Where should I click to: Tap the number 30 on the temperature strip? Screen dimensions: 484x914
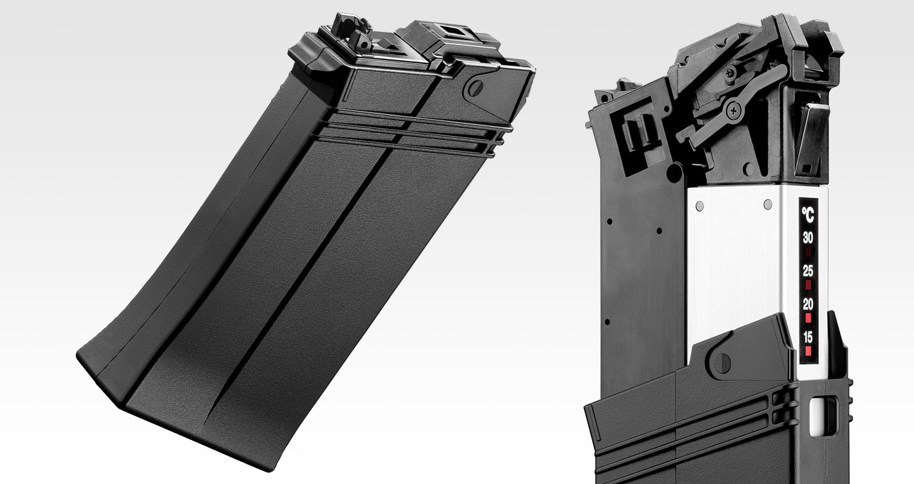pos(808,238)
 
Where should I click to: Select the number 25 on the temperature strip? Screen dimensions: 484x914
pos(808,271)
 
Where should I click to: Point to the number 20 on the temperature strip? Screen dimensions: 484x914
pos(808,304)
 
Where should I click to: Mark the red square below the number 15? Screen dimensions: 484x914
pos(809,350)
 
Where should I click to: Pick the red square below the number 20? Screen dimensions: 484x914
pos(809,317)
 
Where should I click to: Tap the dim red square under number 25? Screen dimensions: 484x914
pos(809,285)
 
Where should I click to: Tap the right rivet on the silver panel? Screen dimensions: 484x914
pos(768,204)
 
